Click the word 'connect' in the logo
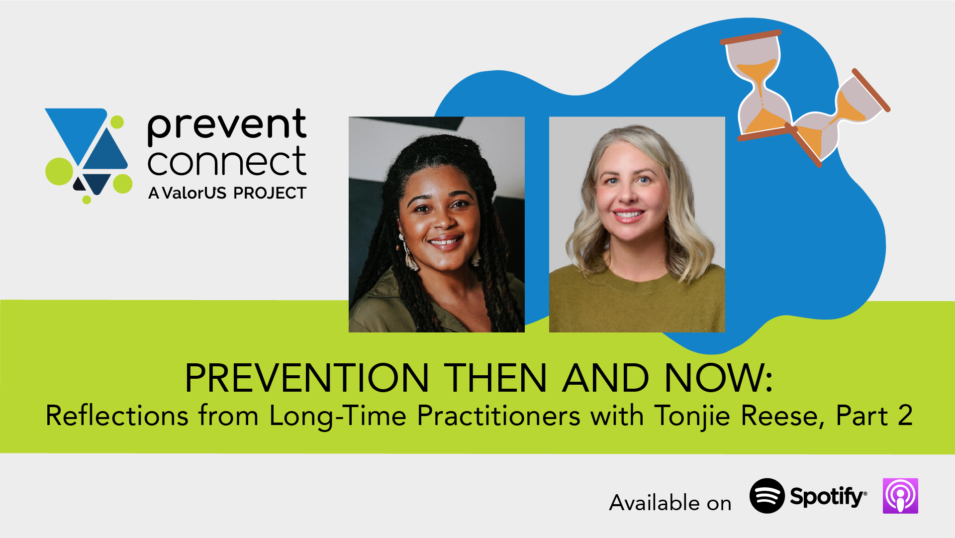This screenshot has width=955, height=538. pos(227,161)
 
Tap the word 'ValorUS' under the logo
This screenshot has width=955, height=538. pos(194,193)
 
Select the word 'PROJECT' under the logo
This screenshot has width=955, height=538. pos(270,193)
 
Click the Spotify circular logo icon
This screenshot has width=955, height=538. pos(767,496)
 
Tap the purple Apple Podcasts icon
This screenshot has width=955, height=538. pos(900,496)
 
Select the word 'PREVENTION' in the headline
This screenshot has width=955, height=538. pos(306,378)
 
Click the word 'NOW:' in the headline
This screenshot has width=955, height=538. pos(718,378)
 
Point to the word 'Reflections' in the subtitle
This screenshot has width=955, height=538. pos(117,416)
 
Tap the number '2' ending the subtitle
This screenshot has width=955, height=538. pos(905,416)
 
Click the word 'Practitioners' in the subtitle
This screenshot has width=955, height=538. pos(498,416)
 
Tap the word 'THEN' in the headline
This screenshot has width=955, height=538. pos(495,378)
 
